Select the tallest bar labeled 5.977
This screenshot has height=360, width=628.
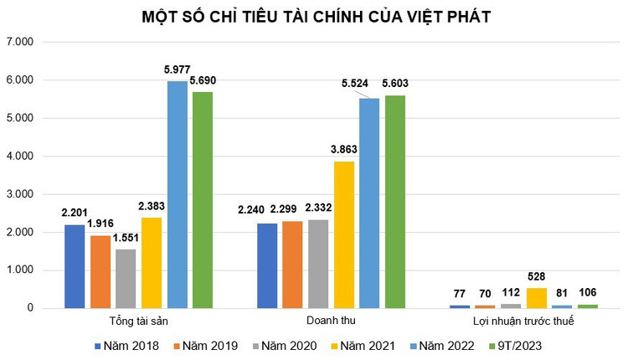point(177,194)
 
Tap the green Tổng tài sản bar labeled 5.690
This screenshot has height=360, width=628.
point(203,200)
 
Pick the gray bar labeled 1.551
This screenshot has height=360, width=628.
point(126,279)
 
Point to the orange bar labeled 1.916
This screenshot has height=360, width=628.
point(100,272)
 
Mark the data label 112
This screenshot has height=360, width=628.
point(511,293)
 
